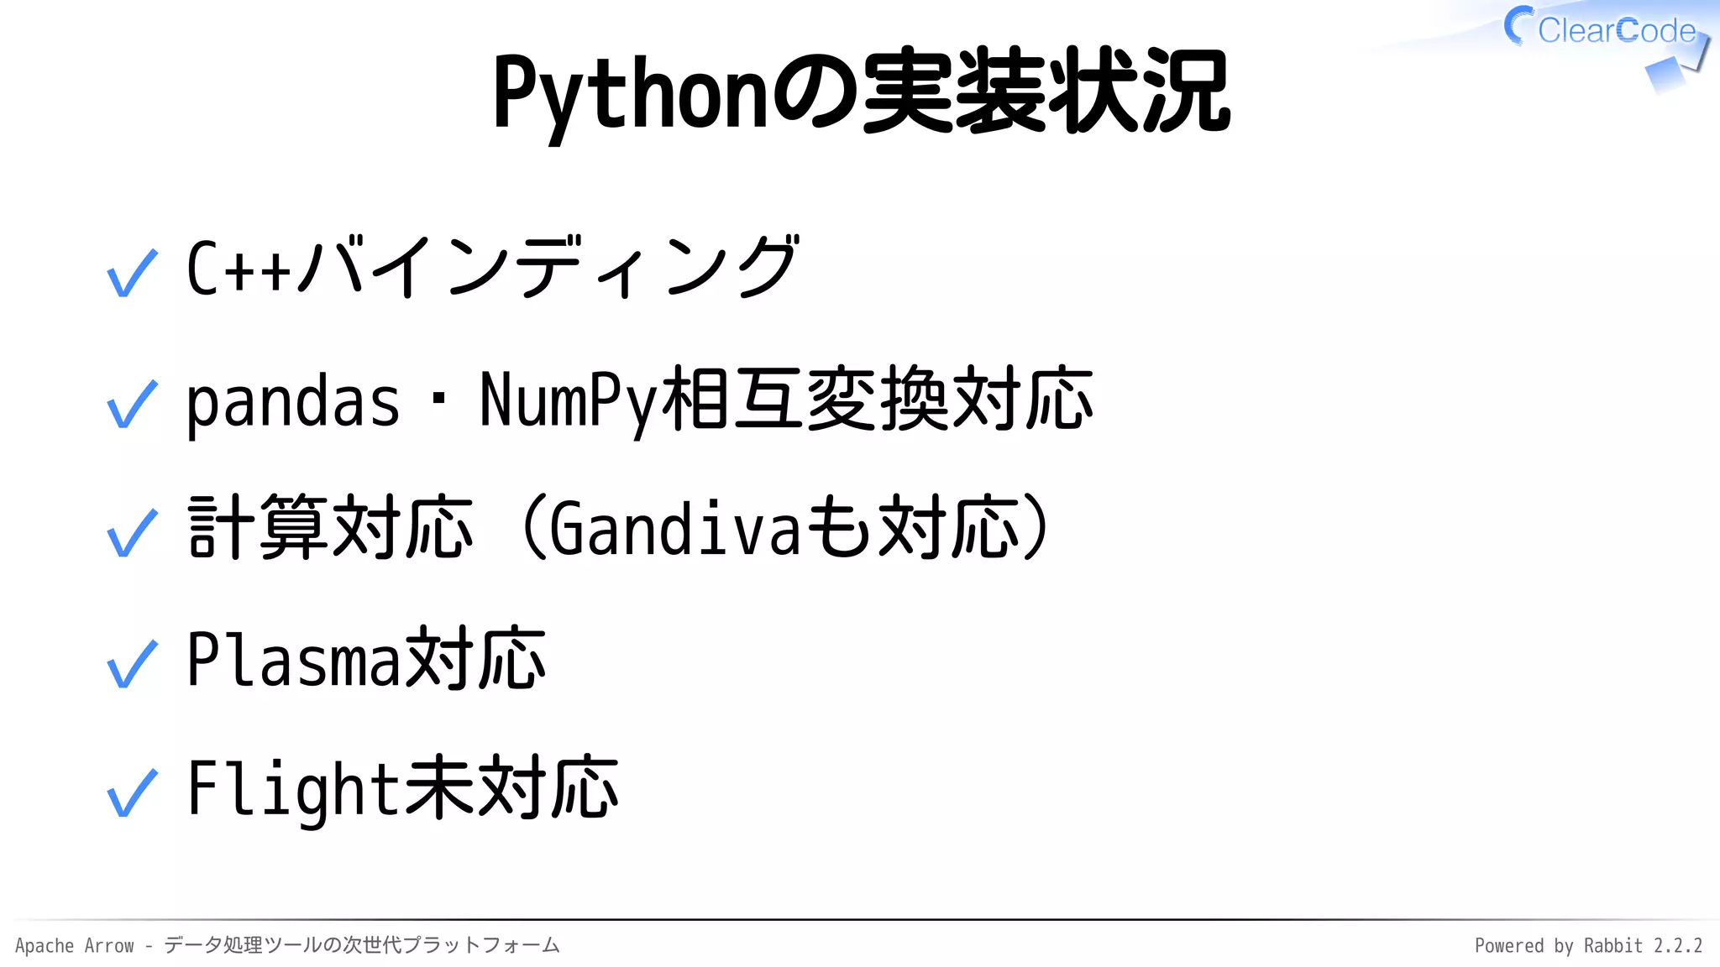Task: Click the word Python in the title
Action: [630, 92]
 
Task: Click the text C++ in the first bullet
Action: [239, 269]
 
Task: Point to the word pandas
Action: [292, 401]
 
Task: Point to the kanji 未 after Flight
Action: [440, 787]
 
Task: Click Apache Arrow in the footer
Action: [75, 946]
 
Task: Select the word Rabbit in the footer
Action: [1612, 946]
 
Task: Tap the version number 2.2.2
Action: [1678, 946]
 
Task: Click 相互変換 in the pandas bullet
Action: [806, 400]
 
